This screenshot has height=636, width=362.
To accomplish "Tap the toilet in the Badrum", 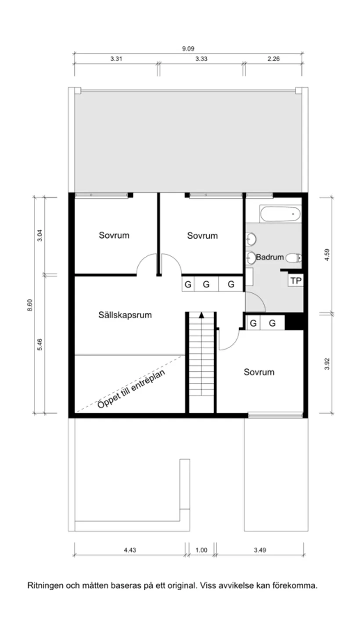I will (294, 258).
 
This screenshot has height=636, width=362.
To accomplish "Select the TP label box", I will (296, 280).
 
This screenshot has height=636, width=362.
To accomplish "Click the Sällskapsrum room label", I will (125, 315).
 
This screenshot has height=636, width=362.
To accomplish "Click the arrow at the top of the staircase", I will (201, 315).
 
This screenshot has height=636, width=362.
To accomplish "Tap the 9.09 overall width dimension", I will (188, 49).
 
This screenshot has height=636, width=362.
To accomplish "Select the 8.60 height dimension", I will (30, 305).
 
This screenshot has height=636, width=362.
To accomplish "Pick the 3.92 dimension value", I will (326, 363).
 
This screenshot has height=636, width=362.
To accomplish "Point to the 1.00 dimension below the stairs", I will (201, 550).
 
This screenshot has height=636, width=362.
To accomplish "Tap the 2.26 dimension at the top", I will (273, 59).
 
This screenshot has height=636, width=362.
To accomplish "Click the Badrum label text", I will (269, 257).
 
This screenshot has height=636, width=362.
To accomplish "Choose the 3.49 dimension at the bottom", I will (260, 550).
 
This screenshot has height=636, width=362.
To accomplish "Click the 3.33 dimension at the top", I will (201, 59).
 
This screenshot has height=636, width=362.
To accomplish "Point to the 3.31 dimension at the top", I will (116, 59).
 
